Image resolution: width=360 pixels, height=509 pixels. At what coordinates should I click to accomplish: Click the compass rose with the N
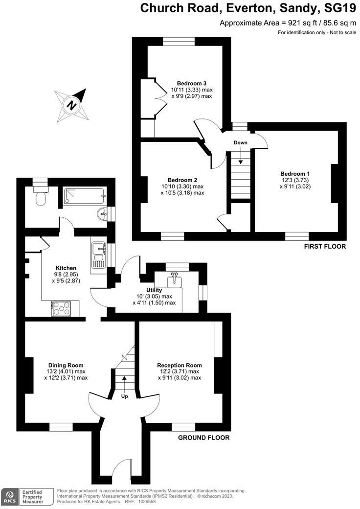[x=72, y=105]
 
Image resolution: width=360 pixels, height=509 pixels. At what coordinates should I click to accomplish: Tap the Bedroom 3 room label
[x=191, y=83]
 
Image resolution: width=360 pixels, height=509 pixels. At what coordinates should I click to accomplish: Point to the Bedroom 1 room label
[x=295, y=173]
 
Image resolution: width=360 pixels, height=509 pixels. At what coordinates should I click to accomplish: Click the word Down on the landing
[x=240, y=142]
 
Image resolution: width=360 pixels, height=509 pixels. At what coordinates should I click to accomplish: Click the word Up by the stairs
[x=124, y=396]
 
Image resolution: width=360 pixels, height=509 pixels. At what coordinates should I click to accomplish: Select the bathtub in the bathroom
[x=84, y=196]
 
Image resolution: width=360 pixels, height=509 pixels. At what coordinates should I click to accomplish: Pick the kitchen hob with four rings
[x=62, y=308]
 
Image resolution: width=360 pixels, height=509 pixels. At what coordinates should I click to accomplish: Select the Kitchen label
[x=66, y=268]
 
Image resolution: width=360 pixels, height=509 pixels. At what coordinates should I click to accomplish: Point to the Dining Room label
[x=66, y=365]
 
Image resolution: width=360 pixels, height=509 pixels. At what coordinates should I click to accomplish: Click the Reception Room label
[x=179, y=365]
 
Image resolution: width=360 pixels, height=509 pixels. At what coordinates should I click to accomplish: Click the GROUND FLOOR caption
[x=204, y=438]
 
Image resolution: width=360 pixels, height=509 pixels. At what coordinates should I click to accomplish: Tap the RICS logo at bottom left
[x=9, y=496]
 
